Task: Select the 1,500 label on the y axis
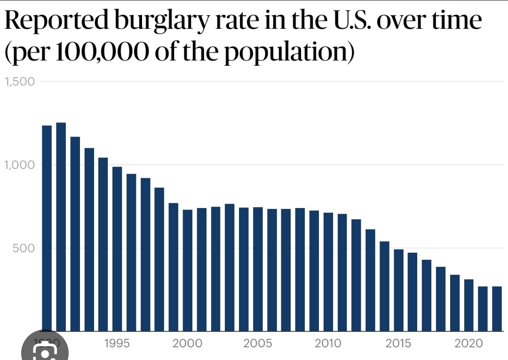[20, 81]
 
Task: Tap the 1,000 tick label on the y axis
[20, 165]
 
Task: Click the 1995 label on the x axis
[117, 344]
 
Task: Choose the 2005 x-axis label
[258, 344]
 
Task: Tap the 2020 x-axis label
[468, 344]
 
